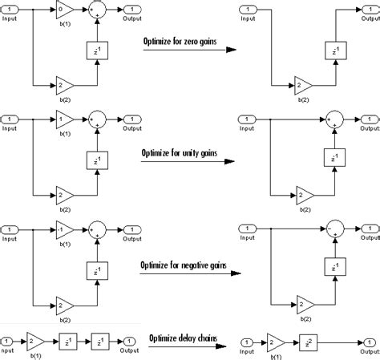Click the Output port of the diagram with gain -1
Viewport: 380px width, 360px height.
(131, 229)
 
